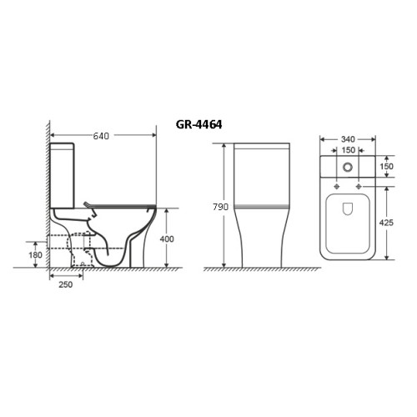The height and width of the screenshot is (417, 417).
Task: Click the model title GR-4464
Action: pyautogui.click(x=198, y=124)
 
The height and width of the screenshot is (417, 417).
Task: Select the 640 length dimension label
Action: pyautogui.click(x=101, y=136)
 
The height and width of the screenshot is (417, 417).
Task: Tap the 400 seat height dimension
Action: pyautogui.click(x=167, y=239)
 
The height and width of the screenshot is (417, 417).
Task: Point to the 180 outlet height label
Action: pyautogui.click(x=36, y=254)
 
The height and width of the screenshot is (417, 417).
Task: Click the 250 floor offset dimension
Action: pyautogui.click(x=66, y=284)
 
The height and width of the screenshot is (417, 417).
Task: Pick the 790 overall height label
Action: pyautogui.click(x=220, y=207)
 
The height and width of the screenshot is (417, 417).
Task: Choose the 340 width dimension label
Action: pyautogui.click(x=348, y=139)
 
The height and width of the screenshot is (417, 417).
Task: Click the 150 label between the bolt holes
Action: pyautogui.click(x=349, y=150)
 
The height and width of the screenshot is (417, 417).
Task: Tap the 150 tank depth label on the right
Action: pyautogui.click(x=386, y=166)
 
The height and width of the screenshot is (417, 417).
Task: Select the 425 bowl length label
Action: pyautogui.click(x=386, y=223)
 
